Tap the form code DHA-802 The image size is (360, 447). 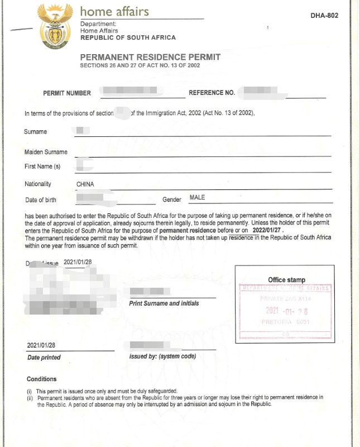pyautogui.click(x=324, y=16)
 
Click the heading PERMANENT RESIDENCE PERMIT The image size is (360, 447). pyautogui.click(x=150, y=57)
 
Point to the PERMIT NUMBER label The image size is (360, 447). pyautogui.click(x=67, y=93)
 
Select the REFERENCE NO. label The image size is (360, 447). pyautogui.click(x=212, y=93)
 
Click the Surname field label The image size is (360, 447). pyautogui.click(x=36, y=132)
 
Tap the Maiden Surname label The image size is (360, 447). pyautogui.click(x=46, y=152)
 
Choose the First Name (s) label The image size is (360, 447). pyautogui.click(x=42, y=167)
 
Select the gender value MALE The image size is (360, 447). pyautogui.click(x=198, y=197)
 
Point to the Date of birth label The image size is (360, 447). pyautogui.click(x=41, y=200)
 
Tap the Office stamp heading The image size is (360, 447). pyautogui.click(x=286, y=280)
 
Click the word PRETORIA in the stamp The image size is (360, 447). pyautogui.click(x=277, y=322)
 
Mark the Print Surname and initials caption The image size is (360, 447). pyautogui.click(x=164, y=303)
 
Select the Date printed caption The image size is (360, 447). pyautogui.click(x=44, y=358)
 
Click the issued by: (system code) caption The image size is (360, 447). pyautogui.click(x=162, y=356)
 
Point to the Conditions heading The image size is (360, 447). pyautogui.click(x=41, y=379)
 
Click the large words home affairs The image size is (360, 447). pyautogui.click(x=115, y=11)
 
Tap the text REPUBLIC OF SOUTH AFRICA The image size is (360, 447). pyautogui.click(x=128, y=37)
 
